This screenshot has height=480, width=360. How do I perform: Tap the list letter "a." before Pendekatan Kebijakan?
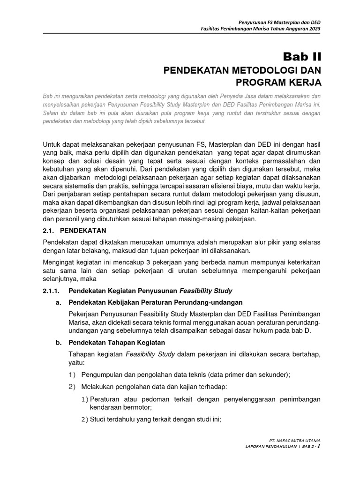pyautogui.click(x=59, y=303)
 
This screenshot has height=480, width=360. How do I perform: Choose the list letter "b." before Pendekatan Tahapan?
pyautogui.click(x=59, y=342)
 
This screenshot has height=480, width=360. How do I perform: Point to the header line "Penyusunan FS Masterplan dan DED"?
pyautogui.click(x=280, y=22)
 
